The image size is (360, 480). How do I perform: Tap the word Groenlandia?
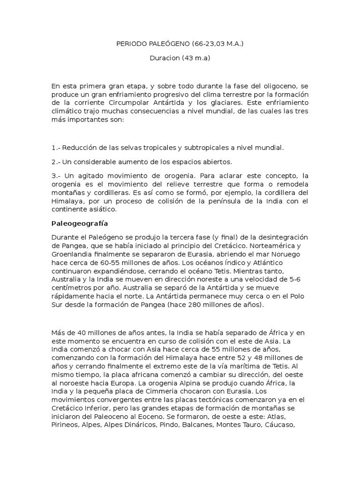pos(73,253)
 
